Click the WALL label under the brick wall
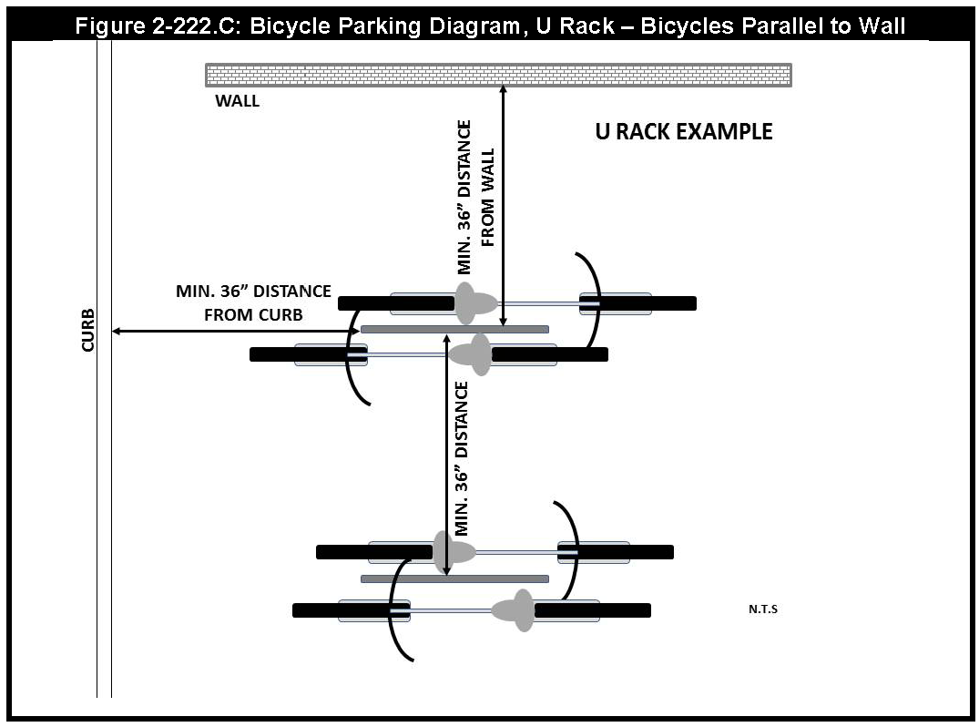click(x=237, y=101)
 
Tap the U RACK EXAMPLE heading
click(x=683, y=132)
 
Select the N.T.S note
click(x=763, y=609)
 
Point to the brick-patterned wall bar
click(x=498, y=74)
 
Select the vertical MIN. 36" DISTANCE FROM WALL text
click(x=475, y=197)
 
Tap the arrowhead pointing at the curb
click(x=116, y=332)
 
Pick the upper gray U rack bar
click(x=454, y=328)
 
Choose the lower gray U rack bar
click(x=454, y=579)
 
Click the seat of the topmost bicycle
click(x=471, y=303)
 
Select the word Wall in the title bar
click(x=880, y=26)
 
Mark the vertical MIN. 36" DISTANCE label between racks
click(x=462, y=457)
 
